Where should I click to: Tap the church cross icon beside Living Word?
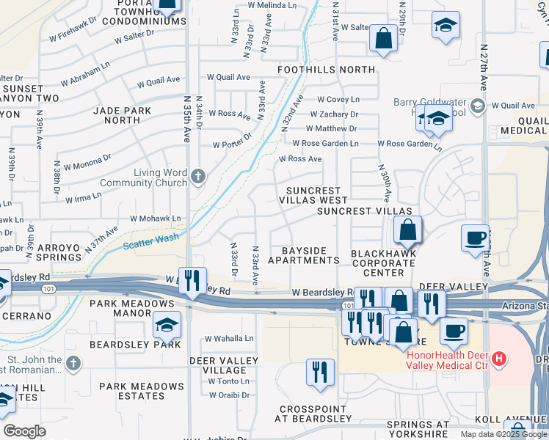point(197,176)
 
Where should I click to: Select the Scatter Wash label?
point(151,243)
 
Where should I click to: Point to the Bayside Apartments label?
point(304,254)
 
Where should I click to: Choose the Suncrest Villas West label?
point(312,195)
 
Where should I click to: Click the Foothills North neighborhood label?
point(326,70)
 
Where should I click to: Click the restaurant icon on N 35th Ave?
point(192,279)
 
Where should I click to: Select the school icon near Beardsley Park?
point(167,323)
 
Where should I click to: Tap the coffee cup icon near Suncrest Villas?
point(475,237)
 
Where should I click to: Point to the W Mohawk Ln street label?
point(156,219)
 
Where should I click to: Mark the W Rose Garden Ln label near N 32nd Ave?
point(325,144)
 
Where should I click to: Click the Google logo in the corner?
point(25,431)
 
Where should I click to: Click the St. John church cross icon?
point(73,362)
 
